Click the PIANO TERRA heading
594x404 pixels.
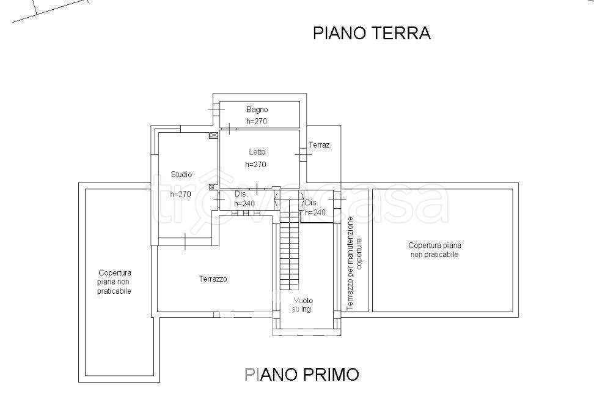coord(372,33)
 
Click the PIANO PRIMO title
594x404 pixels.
coord(302,374)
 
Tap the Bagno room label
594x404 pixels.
coord(257,110)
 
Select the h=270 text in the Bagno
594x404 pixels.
coord(257,121)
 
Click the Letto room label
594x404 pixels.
coord(257,152)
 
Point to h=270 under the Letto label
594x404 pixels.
coord(255,164)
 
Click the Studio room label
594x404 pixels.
coord(181,174)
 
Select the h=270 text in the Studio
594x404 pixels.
coord(181,194)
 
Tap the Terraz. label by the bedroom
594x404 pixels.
coord(320,145)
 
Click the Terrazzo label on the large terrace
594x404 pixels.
coord(213,279)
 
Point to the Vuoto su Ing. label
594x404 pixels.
coord(303,305)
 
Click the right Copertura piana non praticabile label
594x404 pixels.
coord(434,250)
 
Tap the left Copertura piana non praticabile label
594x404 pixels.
coord(114,282)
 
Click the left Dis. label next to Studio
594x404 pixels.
coord(241,193)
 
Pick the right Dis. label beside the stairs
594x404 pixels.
coord(310,203)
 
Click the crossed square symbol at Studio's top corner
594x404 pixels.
coord(213,135)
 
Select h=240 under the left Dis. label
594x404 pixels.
coord(244,203)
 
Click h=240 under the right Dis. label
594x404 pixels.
coord(315,212)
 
